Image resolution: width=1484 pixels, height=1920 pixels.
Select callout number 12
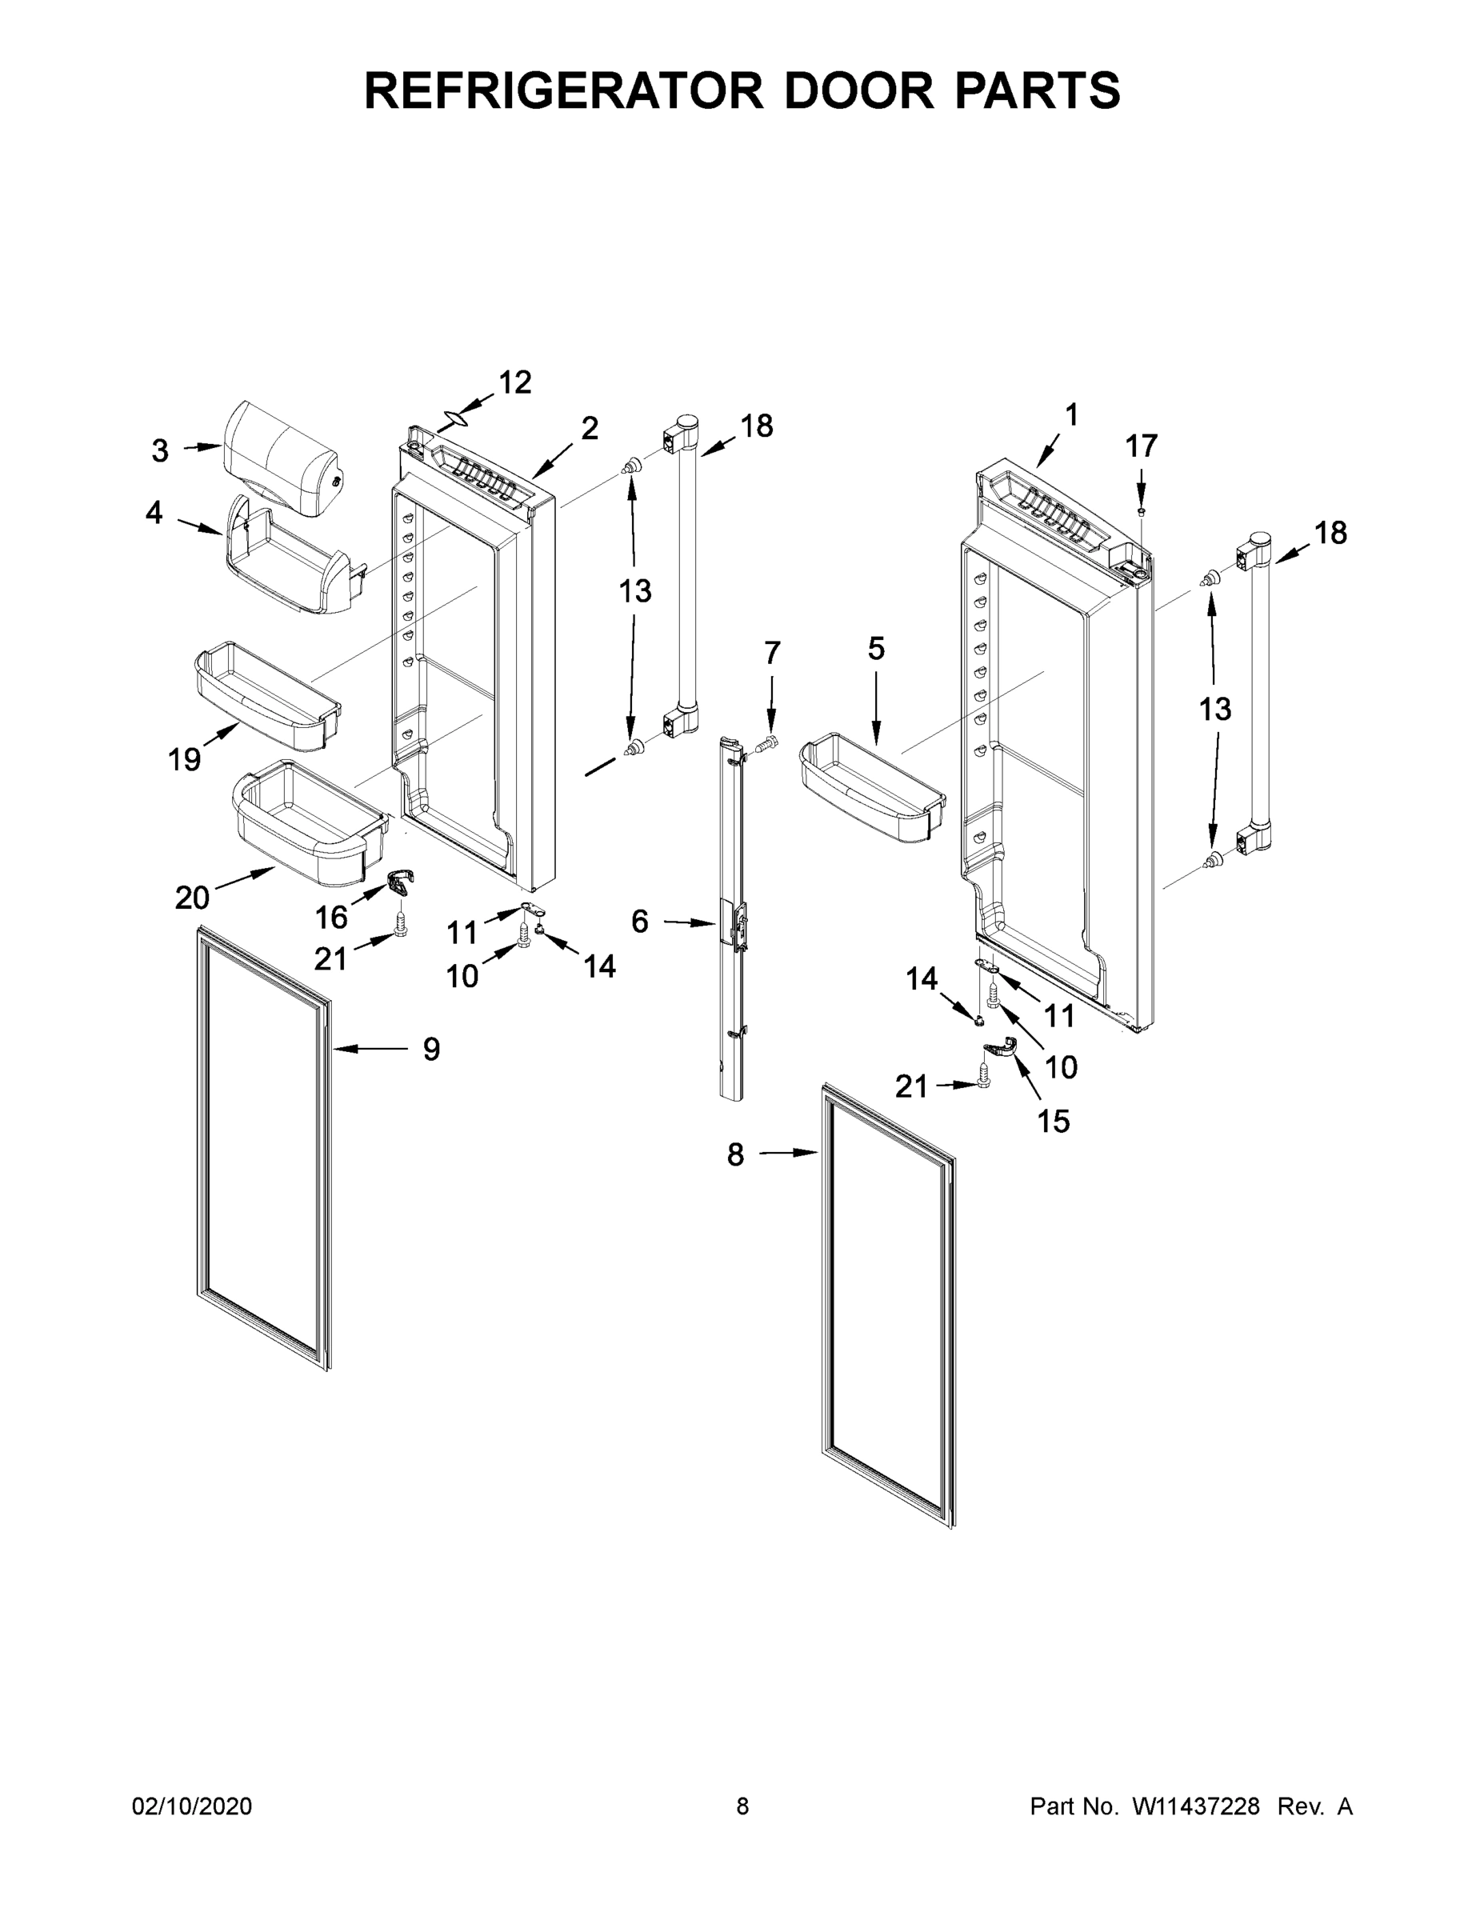(x=515, y=382)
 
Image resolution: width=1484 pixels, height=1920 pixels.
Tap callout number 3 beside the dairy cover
(x=160, y=451)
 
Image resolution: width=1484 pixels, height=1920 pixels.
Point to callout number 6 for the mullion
(x=639, y=922)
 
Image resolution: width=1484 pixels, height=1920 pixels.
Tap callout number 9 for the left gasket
(x=430, y=1049)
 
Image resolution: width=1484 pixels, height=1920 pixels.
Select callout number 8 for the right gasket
(x=736, y=1154)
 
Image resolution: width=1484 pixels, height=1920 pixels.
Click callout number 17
(x=1141, y=446)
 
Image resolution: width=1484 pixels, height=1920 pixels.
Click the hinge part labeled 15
(x=1002, y=1047)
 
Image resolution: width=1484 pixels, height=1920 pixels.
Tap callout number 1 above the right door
(x=1071, y=414)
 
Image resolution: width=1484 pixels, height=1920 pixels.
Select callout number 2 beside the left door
(x=589, y=428)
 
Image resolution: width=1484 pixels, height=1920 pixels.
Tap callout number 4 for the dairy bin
(x=154, y=513)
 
